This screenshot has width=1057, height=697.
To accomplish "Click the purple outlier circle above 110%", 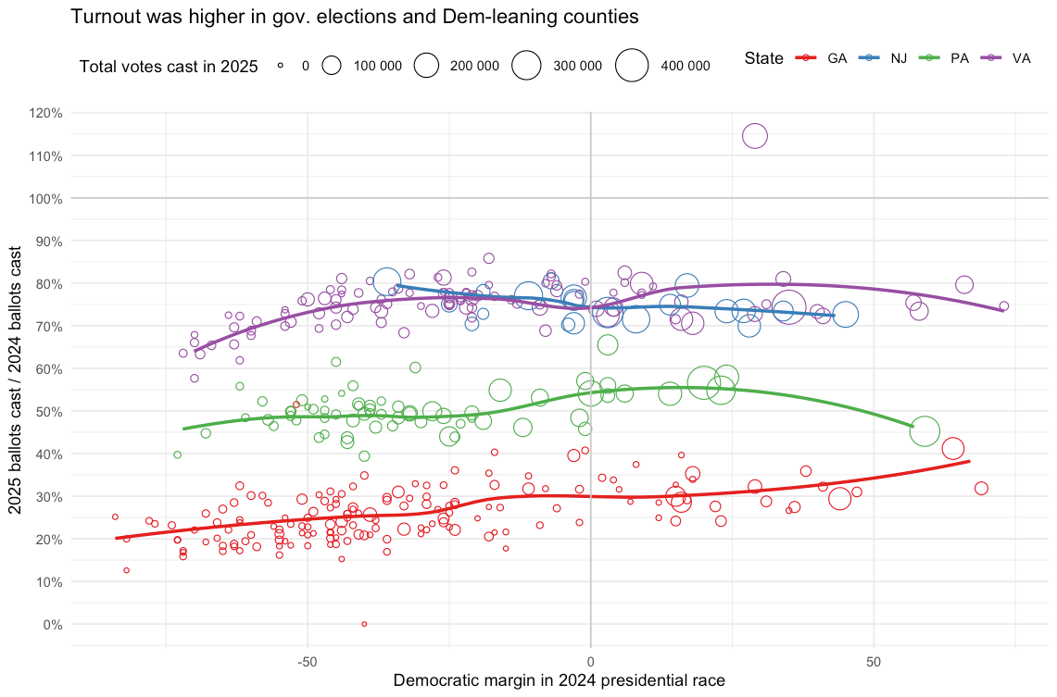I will pos(755,136).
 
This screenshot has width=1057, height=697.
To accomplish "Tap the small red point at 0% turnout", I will pos(364,624).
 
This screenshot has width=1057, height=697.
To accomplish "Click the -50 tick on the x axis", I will pos(308,662).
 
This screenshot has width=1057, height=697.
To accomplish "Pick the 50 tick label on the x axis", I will pos(874,662).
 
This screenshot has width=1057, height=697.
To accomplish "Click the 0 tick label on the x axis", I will pos(590,662).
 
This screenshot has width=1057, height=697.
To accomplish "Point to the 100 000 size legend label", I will pos(378,66).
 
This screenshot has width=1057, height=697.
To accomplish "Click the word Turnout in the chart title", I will pos(104,17).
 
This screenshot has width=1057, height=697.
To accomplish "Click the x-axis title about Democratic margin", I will pos(559,680).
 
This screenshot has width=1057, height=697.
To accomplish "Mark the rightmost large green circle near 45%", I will pos(925,430).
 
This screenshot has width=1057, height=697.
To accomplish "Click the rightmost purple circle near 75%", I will pos(1003,305).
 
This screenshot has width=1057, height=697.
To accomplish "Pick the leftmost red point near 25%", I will pos(115,517).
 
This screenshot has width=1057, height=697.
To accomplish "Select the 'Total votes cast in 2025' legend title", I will pos(169,66).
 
